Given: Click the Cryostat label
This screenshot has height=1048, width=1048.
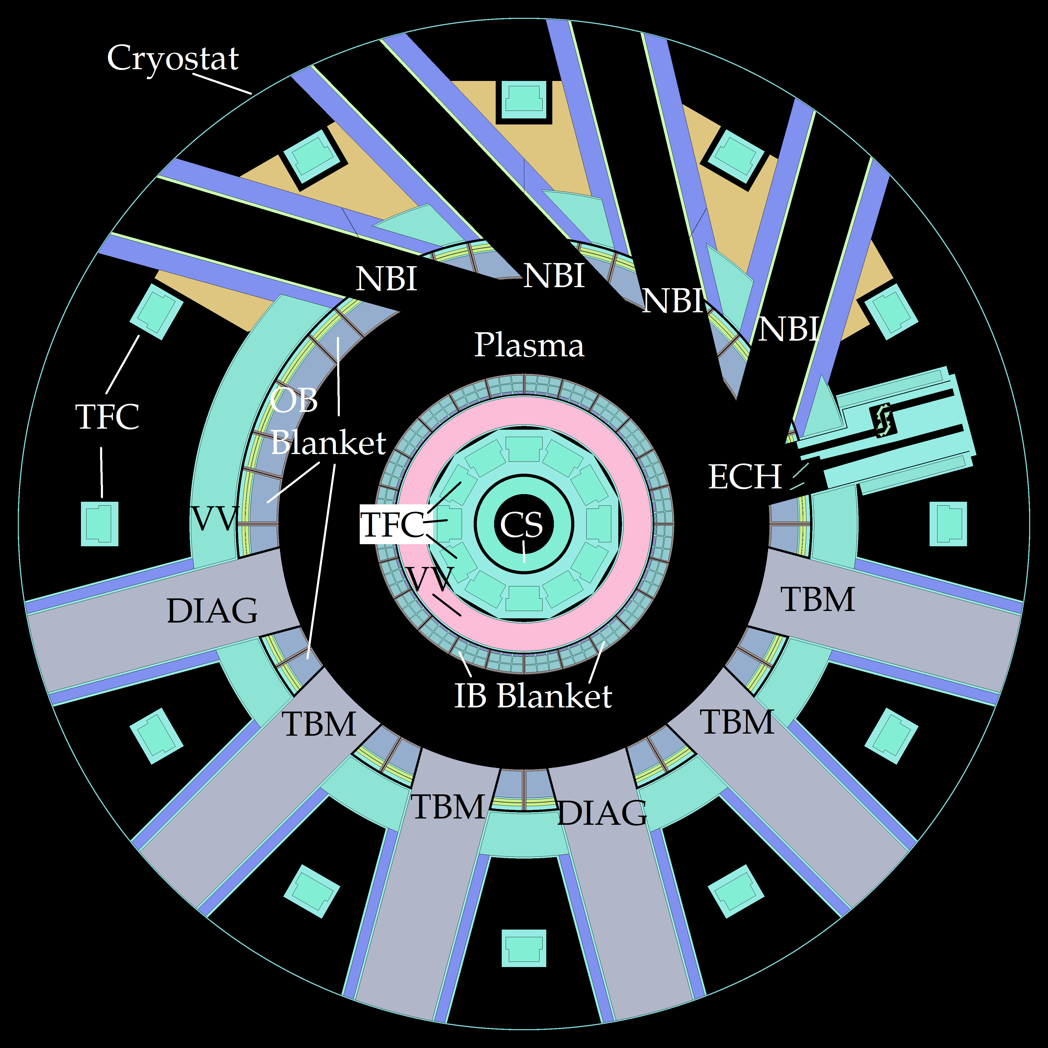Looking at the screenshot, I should pyautogui.click(x=172, y=59).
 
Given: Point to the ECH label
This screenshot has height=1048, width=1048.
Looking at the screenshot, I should pyautogui.click(x=745, y=477).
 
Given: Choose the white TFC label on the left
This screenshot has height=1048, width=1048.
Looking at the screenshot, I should pyautogui.click(x=107, y=417).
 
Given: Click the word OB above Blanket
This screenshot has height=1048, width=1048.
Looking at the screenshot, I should pyautogui.click(x=293, y=401).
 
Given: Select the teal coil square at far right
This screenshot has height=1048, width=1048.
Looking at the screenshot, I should pyautogui.click(x=948, y=523).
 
